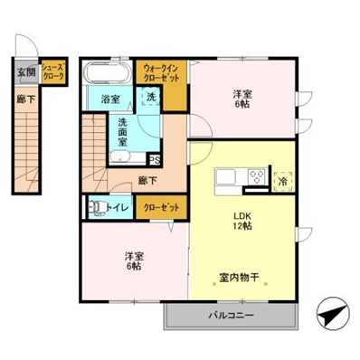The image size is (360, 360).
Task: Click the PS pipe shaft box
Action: pyautogui.click(x=155, y=161)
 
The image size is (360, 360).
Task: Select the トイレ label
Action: pyautogui.click(x=115, y=207)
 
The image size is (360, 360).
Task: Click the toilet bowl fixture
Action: pyautogui.click(x=93, y=207)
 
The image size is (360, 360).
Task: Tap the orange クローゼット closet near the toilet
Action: pyautogui.click(x=160, y=207)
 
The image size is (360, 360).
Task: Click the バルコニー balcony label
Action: pyautogui.click(x=232, y=316)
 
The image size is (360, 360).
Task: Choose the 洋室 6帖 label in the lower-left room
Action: pyautogui.click(x=133, y=261)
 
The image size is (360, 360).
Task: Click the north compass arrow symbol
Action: pyautogui.click(x=330, y=317)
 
